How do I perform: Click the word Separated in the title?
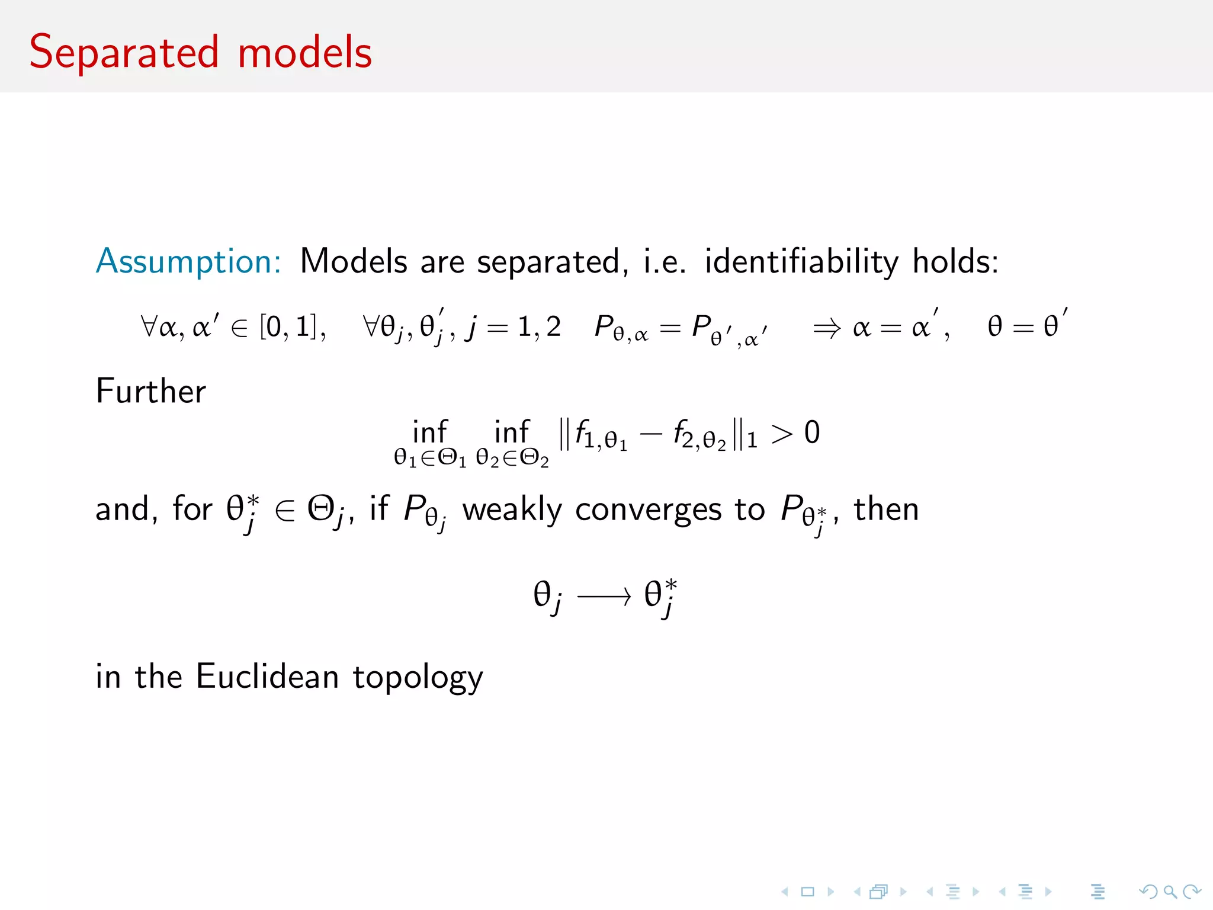[124, 53]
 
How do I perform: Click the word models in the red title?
[304, 53]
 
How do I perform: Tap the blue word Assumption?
[188, 261]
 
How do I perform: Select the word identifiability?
[801, 262]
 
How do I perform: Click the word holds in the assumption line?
[955, 261]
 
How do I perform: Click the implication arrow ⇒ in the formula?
[826, 328]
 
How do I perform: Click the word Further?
[150, 391]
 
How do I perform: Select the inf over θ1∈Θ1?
[429, 432]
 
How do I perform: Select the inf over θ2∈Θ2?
[511, 432]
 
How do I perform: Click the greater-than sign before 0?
[781, 434]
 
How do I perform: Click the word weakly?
[512, 510]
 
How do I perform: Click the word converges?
[648, 510]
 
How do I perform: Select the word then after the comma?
[886, 510]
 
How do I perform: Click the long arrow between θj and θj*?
[604, 597]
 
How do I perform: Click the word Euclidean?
[267, 677]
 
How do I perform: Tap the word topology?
[418, 678]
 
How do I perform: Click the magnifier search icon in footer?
[1170, 892]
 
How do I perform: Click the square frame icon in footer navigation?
[807, 892]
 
